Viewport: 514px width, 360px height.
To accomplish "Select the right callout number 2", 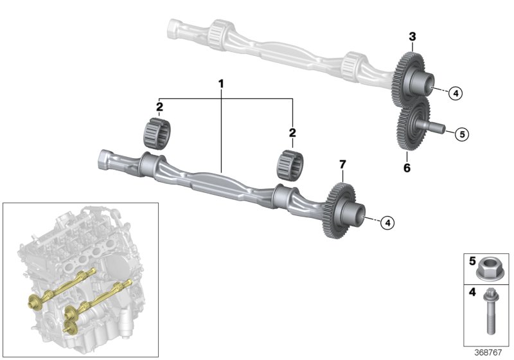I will click(292, 133).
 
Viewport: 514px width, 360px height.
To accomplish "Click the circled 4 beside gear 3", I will click(454, 93).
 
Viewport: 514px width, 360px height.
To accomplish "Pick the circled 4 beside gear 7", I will click(386, 222).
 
